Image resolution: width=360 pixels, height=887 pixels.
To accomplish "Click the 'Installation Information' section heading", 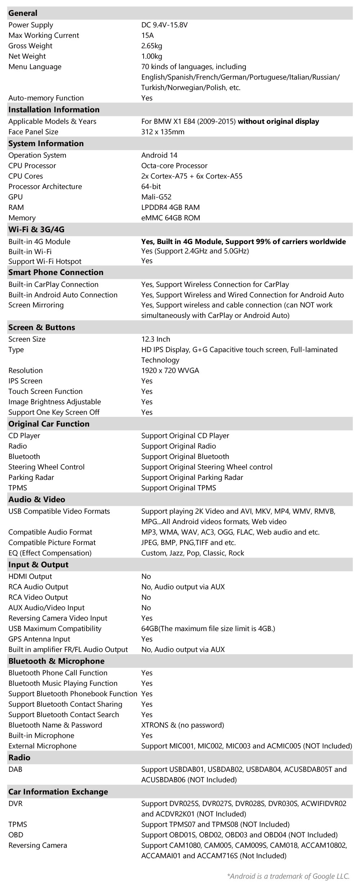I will [x=54, y=109].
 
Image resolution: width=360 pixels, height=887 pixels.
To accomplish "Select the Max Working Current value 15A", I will [x=148, y=35].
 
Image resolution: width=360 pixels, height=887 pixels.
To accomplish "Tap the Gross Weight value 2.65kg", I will [x=152, y=46].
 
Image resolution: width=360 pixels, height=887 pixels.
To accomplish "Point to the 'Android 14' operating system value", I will [x=159, y=155].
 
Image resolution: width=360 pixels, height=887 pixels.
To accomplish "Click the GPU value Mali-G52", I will [x=156, y=197].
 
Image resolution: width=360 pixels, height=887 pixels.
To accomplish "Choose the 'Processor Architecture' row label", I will [x=45, y=186].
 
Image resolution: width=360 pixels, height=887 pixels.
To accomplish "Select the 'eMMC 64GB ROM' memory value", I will [x=171, y=218].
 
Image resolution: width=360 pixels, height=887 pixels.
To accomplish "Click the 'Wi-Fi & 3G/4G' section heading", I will [x=36, y=229].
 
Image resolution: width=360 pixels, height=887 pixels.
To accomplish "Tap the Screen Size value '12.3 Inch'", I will [x=156, y=339].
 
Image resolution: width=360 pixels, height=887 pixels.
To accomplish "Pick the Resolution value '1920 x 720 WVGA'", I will [x=170, y=370].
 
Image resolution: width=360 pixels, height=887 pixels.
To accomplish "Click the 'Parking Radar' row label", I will [x=31, y=477].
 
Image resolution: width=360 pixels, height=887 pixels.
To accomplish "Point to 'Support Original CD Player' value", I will [x=185, y=436].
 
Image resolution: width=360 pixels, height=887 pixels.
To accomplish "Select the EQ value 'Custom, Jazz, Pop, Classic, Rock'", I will [x=193, y=553].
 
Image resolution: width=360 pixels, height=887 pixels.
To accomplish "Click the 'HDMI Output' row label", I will [x=30, y=576].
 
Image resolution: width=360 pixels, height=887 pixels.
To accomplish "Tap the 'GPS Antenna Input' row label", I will [x=39, y=639].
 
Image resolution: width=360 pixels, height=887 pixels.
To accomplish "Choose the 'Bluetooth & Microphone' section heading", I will [x=56, y=661].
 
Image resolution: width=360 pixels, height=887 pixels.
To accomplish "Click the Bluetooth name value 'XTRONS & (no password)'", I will [x=183, y=725].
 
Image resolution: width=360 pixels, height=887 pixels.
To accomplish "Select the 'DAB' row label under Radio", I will [x=15, y=769].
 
